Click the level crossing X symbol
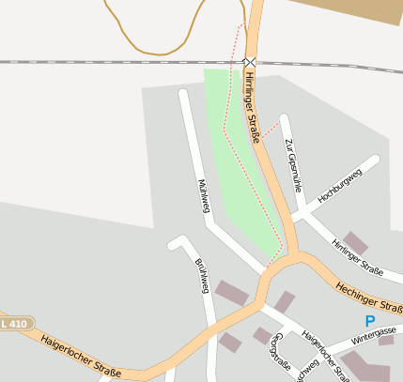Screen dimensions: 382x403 250,62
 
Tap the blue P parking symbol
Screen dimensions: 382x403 369,321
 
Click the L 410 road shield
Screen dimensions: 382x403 15,324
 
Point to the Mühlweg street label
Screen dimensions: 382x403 203,195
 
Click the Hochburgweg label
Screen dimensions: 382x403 339,186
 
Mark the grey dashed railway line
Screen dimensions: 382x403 94,62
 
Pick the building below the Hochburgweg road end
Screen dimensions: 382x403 355,242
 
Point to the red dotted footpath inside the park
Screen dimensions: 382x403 225,122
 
